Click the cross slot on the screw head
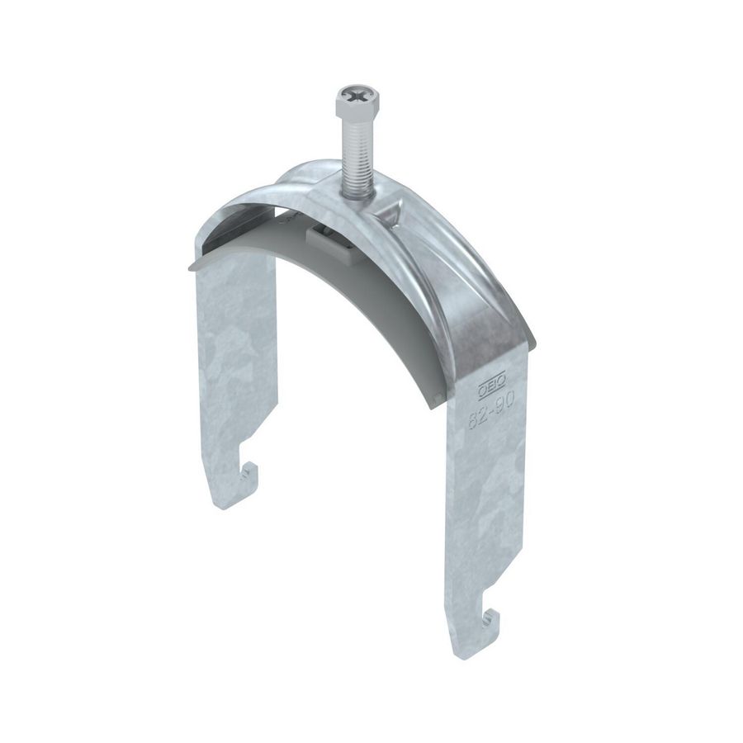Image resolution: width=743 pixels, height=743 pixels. pyautogui.click(x=353, y=97)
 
